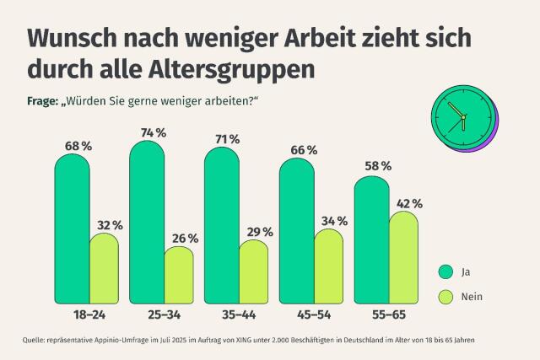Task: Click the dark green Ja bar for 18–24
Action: click(72, 228)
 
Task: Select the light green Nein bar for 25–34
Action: click(178, 275)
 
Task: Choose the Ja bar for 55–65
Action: click(371, 239)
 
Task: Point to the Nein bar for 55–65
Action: click(402, 257)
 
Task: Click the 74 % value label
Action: click(147, 132)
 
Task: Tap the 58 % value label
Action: click(373, 166)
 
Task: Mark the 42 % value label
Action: click(405, 203)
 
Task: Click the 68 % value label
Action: click(73, 146)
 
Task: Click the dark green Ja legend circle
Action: click(445, 271)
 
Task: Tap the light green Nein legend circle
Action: click(445, 297)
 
